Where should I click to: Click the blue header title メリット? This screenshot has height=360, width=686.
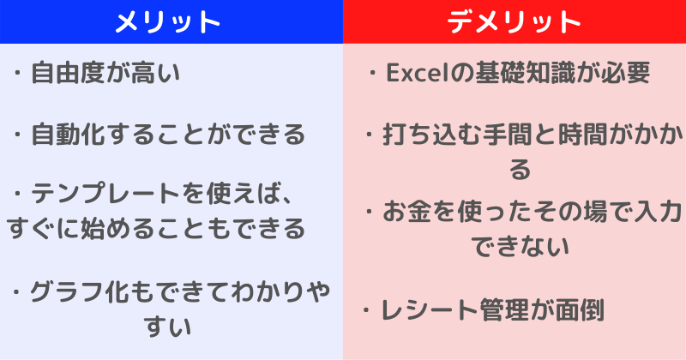tap(167, 21)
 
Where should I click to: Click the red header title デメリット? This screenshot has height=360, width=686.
tap(514, 21)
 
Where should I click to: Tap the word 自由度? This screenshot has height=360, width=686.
tap(68, 73)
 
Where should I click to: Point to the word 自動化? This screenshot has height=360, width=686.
tap(68, 135)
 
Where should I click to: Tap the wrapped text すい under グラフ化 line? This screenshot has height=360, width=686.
tap(167, 327)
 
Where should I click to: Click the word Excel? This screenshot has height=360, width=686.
tap(418, 73)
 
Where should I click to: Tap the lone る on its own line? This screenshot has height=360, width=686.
tap(520, 169)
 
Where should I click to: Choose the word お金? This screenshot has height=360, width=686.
tap(407, 213)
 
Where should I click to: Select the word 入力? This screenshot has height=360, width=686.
tap(658, 213)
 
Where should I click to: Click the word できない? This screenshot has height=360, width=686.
tap(521, 247)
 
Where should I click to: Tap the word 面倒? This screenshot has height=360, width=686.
tap(580, 310)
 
